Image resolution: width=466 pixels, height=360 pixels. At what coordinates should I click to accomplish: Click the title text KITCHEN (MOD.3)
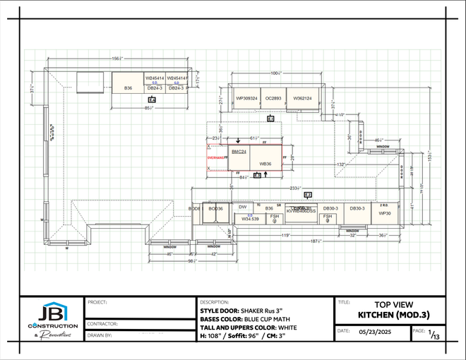pyautogui.click(x=393, y=314)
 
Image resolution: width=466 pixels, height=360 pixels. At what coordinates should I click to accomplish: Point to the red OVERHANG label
pyautogui.click(x=215, y=158)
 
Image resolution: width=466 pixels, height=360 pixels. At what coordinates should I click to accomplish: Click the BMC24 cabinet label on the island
pyautogui.click(x=238, y=152)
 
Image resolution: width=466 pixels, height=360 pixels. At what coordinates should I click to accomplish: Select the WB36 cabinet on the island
pyautogui.click(x=265, y=164)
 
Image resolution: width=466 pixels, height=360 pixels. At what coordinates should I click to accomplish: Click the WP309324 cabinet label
pyautogui.click(x=246, y=98)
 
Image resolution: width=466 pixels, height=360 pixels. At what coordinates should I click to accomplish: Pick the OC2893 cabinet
pyautogui.click(x=273, y=98)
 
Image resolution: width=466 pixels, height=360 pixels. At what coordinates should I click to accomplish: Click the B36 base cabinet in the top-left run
pyautogui.click(x=128, y=88)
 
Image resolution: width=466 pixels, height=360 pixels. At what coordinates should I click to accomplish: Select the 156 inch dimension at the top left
pyautogui.click(x=114, y=59)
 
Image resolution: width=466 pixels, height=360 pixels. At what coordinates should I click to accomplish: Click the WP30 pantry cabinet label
pyautogui.click(x=384, y=212)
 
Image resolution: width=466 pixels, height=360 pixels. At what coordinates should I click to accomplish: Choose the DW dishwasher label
pyautogui.click(x=242, y=207)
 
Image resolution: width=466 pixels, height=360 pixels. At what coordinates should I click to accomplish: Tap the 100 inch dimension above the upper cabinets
pyautogui.click(x=275, y=73)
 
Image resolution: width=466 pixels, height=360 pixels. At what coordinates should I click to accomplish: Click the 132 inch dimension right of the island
pyautogui.click(x=340, y=164)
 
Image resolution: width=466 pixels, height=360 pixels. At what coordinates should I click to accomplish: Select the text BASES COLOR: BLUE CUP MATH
pyautogui.click(x=244, y=318)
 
